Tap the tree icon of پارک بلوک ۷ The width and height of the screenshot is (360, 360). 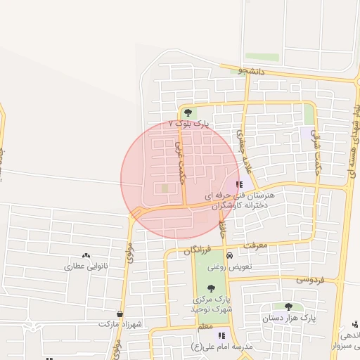coord(188,112)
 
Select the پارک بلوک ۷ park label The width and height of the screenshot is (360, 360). coord(189,124)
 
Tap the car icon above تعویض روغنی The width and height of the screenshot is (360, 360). coord(229,256)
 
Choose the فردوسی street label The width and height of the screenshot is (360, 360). coord(309,279)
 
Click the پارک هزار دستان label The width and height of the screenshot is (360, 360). coord(290,318)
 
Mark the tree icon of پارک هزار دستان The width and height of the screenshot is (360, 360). coord(288,307)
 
